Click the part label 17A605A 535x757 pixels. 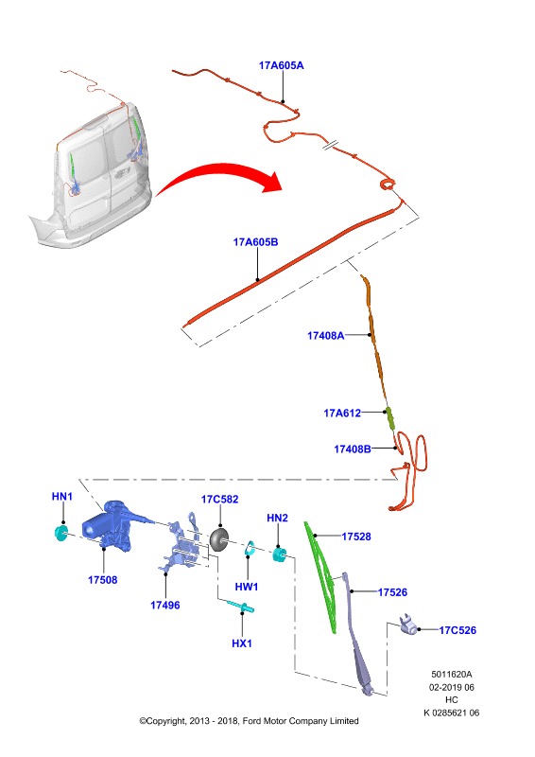[282, 65]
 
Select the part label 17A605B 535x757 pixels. [255, 242]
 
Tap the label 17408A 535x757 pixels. [325, 336]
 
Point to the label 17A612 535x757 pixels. [342, 413]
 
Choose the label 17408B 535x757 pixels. [353, 449]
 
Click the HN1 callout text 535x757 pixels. [61, 496]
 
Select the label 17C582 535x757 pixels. [220, 500]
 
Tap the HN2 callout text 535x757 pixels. [277, 518]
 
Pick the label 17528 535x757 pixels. [356, 537]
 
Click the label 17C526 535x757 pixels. [457, 630]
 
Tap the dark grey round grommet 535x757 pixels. [219, 539]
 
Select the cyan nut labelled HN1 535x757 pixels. [60, 533]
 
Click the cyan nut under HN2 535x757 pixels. [280, 554]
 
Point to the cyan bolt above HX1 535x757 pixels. [241, 607]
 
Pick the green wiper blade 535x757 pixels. [320, 577]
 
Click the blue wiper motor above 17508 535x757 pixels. [109, 525]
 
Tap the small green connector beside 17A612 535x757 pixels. [389, 418]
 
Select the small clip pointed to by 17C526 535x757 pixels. [408, 624]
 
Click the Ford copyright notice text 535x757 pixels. [249, 721]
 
